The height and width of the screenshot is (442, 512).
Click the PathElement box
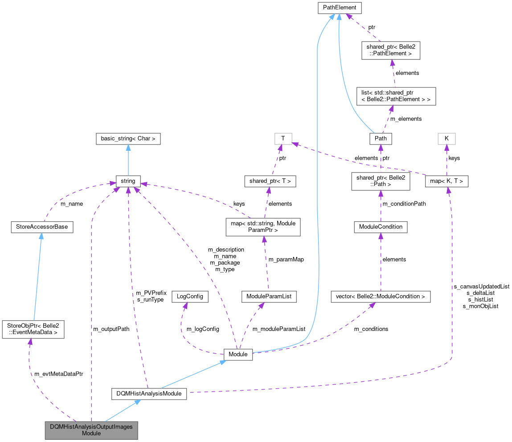click(339, 8)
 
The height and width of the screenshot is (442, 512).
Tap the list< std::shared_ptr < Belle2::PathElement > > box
click(396, 96)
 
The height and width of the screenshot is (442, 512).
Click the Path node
click(381, 139)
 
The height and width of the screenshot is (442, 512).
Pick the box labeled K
click(446, 139)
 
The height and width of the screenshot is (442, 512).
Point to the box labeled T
click(283, 139)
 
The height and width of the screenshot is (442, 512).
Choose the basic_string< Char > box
click(128, 139)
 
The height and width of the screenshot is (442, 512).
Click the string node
click(128, 182)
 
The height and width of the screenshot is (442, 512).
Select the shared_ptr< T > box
click(270, 182)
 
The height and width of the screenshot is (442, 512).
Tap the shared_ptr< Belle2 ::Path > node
click(381, 182)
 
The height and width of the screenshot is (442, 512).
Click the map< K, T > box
click(446, 182)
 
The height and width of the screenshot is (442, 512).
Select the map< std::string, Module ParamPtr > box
click(262, 227)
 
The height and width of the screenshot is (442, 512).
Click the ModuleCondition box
click(381, 227)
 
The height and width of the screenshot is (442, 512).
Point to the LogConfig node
click(190, 297)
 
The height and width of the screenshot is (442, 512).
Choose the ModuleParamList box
click(268, 297)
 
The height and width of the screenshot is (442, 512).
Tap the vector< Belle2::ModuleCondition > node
click(381, 297)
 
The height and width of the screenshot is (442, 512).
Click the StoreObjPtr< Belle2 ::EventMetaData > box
click(33, 329)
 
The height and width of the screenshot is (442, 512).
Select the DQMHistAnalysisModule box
click(148, 393)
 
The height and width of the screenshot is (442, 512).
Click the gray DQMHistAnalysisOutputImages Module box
click(91, 430)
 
